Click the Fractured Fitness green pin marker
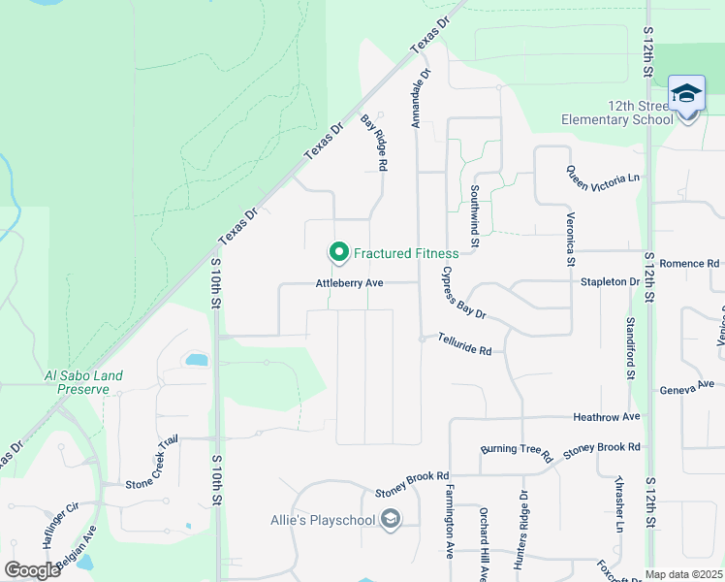tap(339, 253)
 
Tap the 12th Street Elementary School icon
tap(687, 95)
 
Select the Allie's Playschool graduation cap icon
tap(390, 521)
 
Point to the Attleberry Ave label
tap(350, 283)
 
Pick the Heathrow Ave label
tap(607, 417)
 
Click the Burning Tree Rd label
tap(516, 452)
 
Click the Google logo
tap(32, 569)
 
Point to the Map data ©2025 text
tap(683, 574)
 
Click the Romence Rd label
tap(689, 264)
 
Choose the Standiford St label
tap(629, 346)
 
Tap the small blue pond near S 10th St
tap(196, 360)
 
